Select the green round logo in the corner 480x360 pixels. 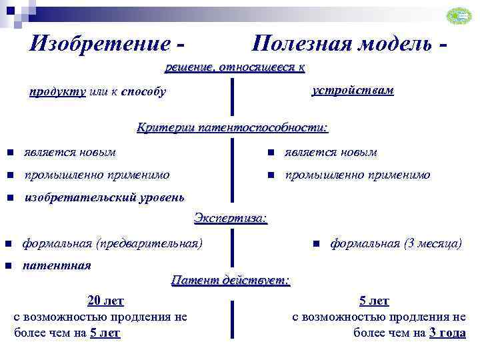pos(458,17)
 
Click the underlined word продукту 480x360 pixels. pos(57,92)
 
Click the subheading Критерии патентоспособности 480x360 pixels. pos(233,127)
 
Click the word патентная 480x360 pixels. pos(57,265)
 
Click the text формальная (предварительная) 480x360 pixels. pos(113,243)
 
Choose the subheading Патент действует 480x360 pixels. pos(231,280)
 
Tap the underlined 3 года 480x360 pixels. pos(447,333)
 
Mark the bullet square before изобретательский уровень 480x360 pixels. pos(10,198)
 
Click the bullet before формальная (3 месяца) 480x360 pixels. pos(317,243)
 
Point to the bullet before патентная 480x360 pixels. pos(7,266)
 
